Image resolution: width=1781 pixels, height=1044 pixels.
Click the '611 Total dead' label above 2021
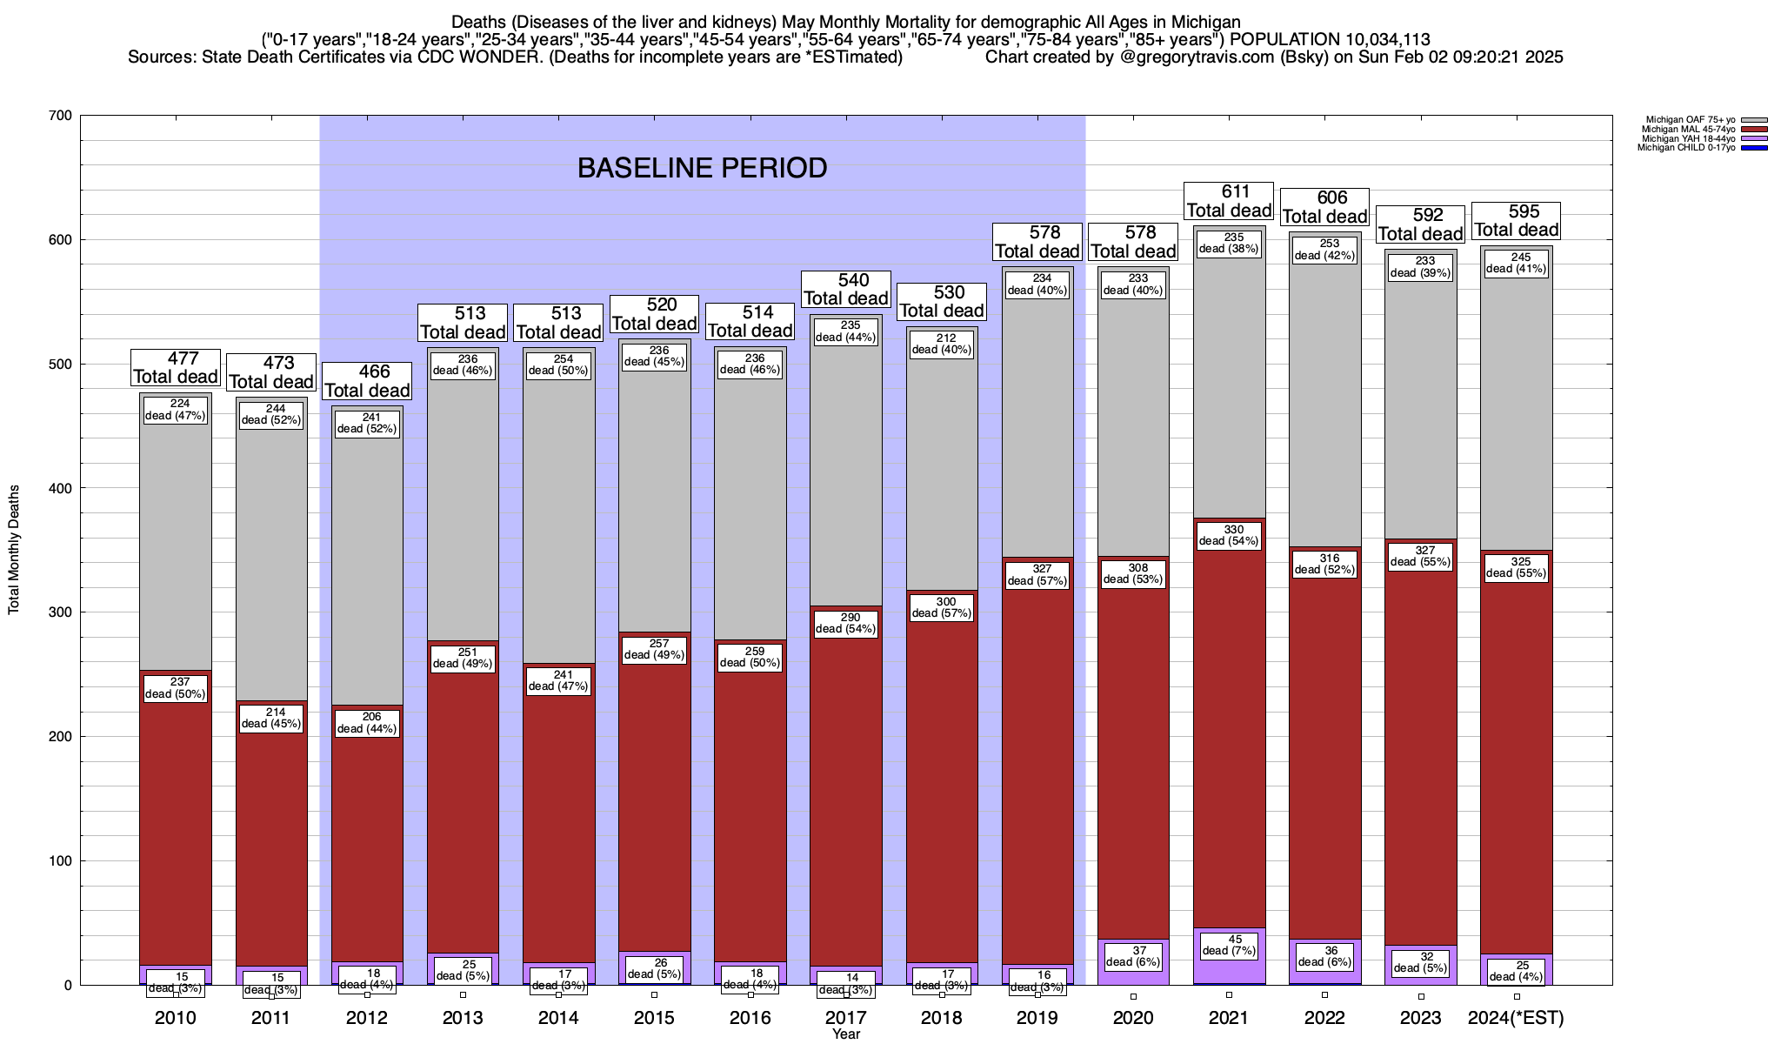pos(1230,201)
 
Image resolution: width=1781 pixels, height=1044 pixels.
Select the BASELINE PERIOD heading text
pos(702,168)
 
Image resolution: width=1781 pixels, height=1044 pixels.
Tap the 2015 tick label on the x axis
pos(654,1018)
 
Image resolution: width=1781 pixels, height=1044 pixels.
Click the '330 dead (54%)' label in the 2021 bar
pos(1230,535)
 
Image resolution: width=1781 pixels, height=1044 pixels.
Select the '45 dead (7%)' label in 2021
pos(1230,945)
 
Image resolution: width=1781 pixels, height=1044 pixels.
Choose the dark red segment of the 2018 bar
pos(942,783)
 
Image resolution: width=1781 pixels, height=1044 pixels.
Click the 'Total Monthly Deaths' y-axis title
pos(14,549)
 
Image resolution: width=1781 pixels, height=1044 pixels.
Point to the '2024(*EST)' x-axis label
pos(1516,1018)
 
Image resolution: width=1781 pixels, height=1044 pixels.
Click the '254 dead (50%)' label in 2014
pos(558,365)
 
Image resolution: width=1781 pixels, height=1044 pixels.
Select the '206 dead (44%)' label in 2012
pos(367,723)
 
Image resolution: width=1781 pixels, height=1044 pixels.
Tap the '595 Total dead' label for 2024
pos(1516,221)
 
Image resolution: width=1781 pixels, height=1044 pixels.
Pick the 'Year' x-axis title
pos(845,1034)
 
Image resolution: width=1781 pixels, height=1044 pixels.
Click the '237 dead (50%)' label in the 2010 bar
pos(175,688)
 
